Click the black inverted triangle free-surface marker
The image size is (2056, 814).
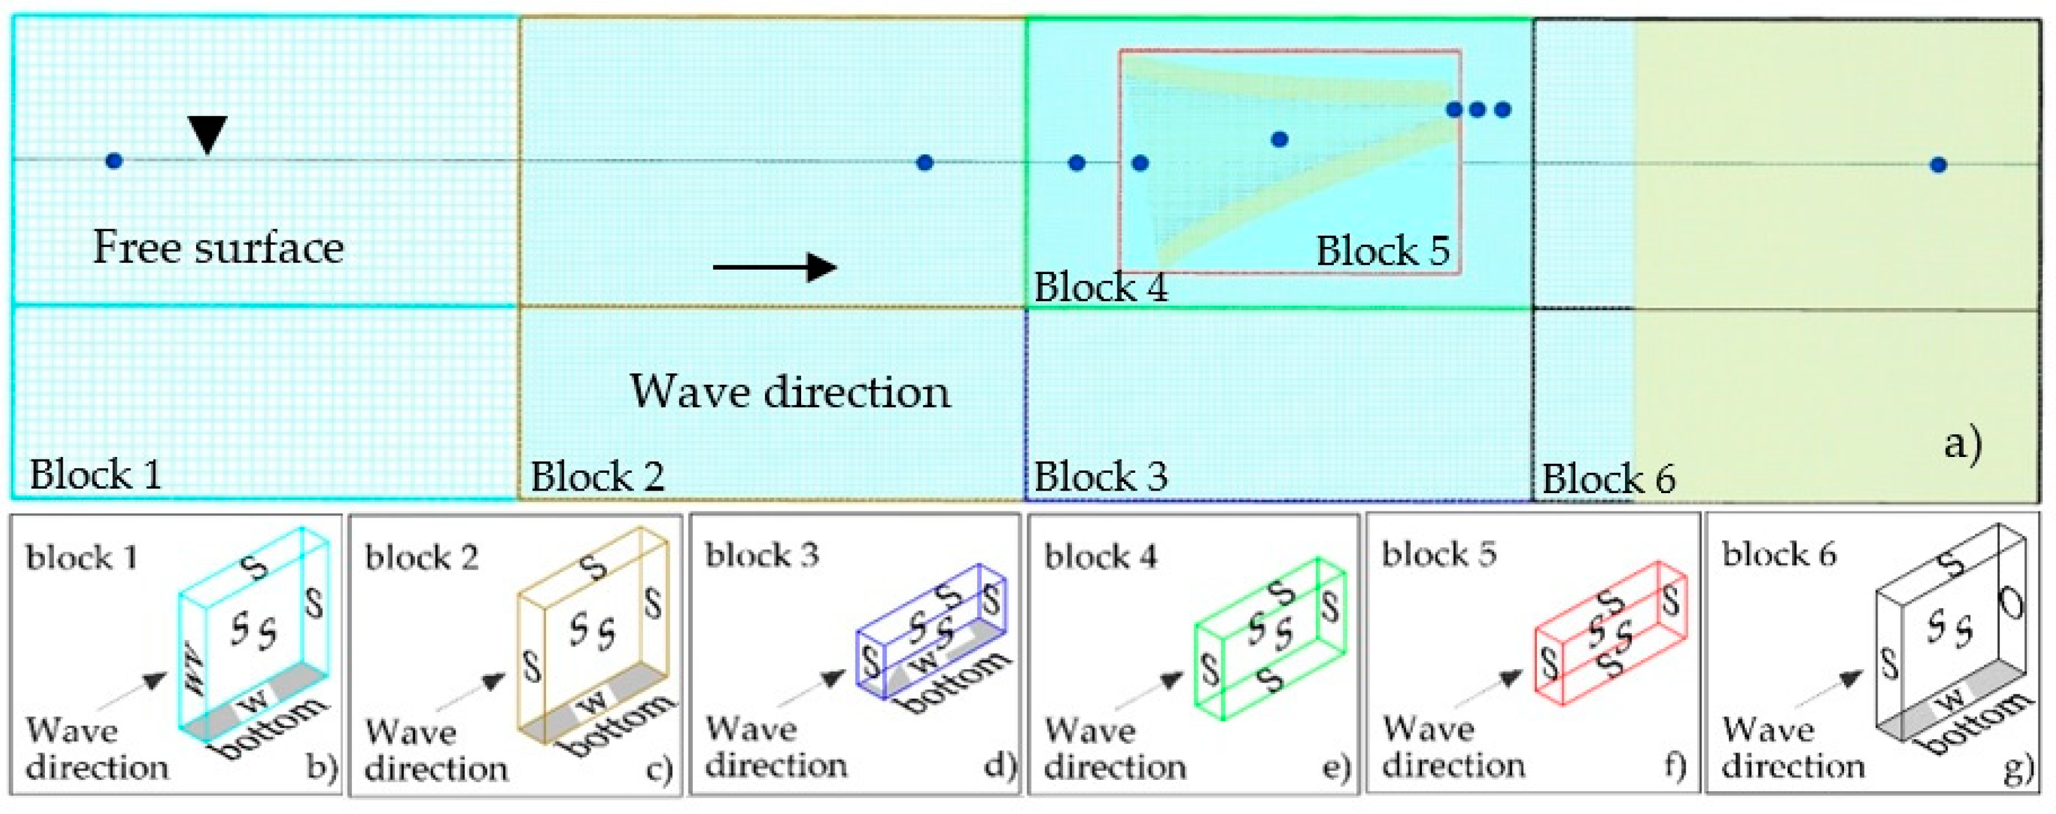[208, 134]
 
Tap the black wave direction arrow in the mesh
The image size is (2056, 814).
[774, 267]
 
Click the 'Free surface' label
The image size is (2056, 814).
[218, 247]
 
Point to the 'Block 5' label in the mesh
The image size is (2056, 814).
[1382, 251]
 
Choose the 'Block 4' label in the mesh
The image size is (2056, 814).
[1100, 287]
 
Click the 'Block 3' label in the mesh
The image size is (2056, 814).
[1100, 477]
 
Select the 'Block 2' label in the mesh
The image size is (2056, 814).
[597, 477]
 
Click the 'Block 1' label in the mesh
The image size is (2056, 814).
[96, 475]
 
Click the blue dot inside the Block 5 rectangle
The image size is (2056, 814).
[1280, 140]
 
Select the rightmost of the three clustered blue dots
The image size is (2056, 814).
[1503, 110]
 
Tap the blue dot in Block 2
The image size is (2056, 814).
[925, 163]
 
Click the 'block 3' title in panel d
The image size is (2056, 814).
[763, 554]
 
